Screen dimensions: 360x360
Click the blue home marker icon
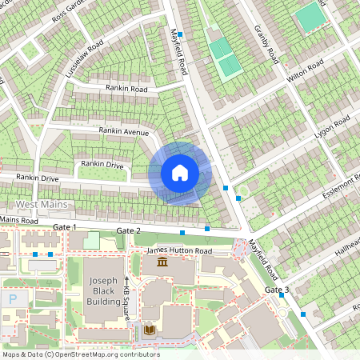(180, 173)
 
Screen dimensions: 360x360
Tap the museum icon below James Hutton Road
(162, 262)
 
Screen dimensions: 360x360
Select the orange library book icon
(149, 329)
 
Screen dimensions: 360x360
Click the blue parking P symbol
(13, 298)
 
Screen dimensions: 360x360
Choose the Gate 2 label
(128, 231)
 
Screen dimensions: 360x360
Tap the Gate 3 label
(276, 289)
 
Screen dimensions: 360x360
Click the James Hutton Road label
(179, 251)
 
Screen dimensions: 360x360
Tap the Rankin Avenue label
(124, 130)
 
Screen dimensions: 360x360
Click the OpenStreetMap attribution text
(80, 354)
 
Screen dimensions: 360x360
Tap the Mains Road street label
(18, 220)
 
